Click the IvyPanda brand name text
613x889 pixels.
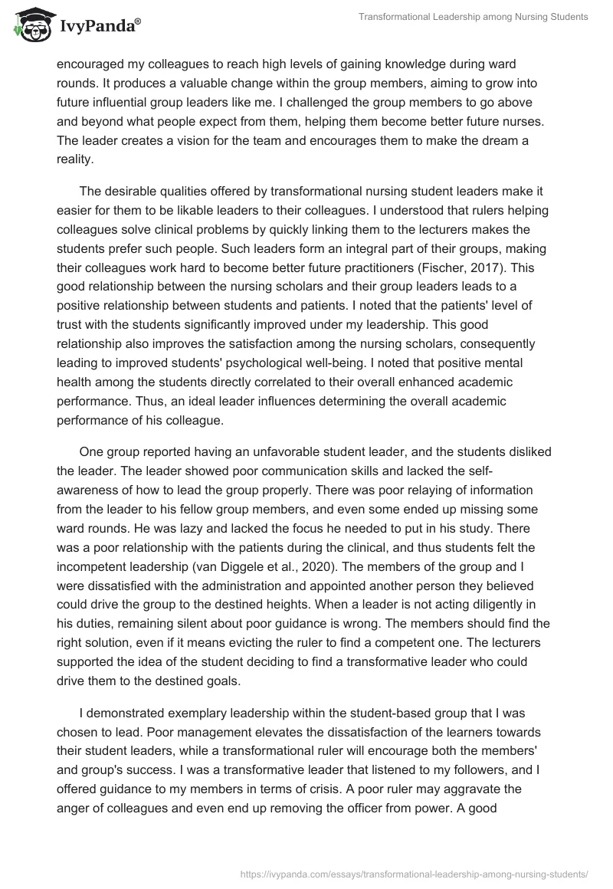point(99,27)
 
